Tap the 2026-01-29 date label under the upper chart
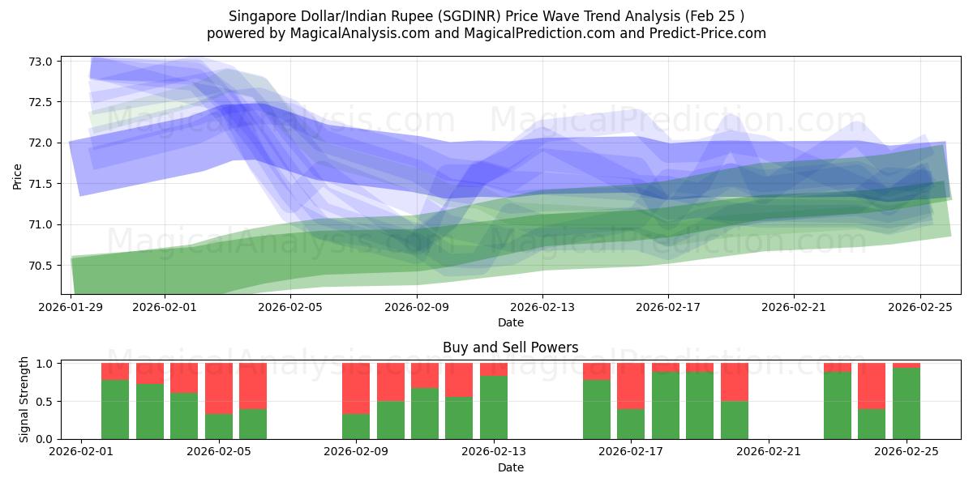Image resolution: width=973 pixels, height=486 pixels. coord(71,307)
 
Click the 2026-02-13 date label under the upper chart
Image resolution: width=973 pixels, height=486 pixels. coord(542,307)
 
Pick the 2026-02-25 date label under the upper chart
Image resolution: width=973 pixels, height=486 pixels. coord(919,307)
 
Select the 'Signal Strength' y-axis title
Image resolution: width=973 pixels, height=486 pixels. coord(24,399)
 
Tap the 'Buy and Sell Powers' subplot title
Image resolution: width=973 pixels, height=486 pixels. coord(510,347)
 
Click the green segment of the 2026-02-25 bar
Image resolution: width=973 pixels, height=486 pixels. coord(907,403)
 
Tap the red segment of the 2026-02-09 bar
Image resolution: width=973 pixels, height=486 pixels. coord(356,388)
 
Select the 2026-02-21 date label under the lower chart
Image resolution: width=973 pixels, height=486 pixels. coord(768,452)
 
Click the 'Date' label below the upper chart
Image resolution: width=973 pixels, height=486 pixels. coord(510,322)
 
